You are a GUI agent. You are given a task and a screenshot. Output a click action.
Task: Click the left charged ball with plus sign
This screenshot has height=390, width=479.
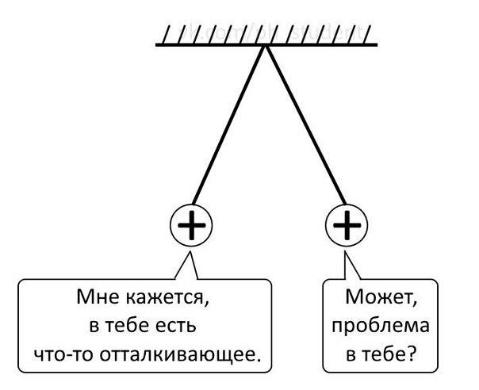190,227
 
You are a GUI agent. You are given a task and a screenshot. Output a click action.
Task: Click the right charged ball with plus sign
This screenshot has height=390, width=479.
347,227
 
